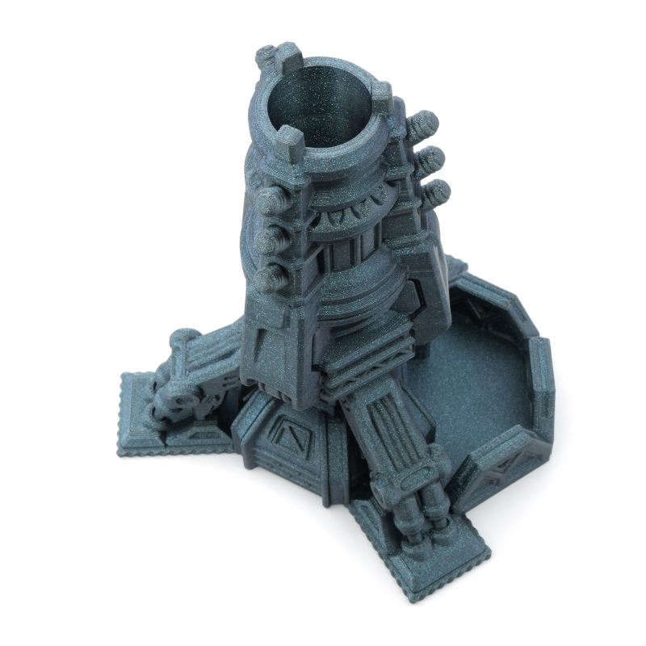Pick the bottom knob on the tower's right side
(x=436, y=191)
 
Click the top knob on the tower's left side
(x=270, y=201)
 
